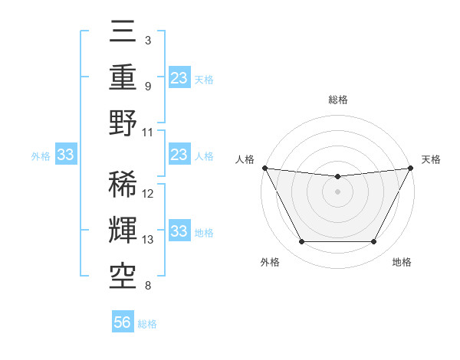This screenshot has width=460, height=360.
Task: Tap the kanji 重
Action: [123, 77]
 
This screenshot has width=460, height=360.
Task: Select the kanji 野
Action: [123, 123]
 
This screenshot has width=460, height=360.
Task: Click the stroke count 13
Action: [148, 240]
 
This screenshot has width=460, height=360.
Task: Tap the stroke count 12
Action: [148, 194]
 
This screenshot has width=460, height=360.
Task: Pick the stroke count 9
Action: [147, 86]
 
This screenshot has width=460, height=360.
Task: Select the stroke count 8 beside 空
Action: [147, 286]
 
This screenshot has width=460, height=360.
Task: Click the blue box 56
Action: [123, 322]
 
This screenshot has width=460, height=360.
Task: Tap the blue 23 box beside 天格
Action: [179, 77]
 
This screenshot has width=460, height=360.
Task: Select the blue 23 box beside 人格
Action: [179, 155]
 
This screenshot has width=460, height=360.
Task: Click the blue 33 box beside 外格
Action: [65, 155]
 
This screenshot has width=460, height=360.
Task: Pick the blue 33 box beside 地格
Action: [179, 231]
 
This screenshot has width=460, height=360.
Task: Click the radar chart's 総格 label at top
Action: [337, 100]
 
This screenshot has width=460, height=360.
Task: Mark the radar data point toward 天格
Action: [410, 168]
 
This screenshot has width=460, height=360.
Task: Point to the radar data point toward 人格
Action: [264, 168]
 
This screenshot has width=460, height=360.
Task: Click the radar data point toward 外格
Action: [301, 242]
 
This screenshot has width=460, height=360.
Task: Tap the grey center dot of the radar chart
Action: [337, 191]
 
